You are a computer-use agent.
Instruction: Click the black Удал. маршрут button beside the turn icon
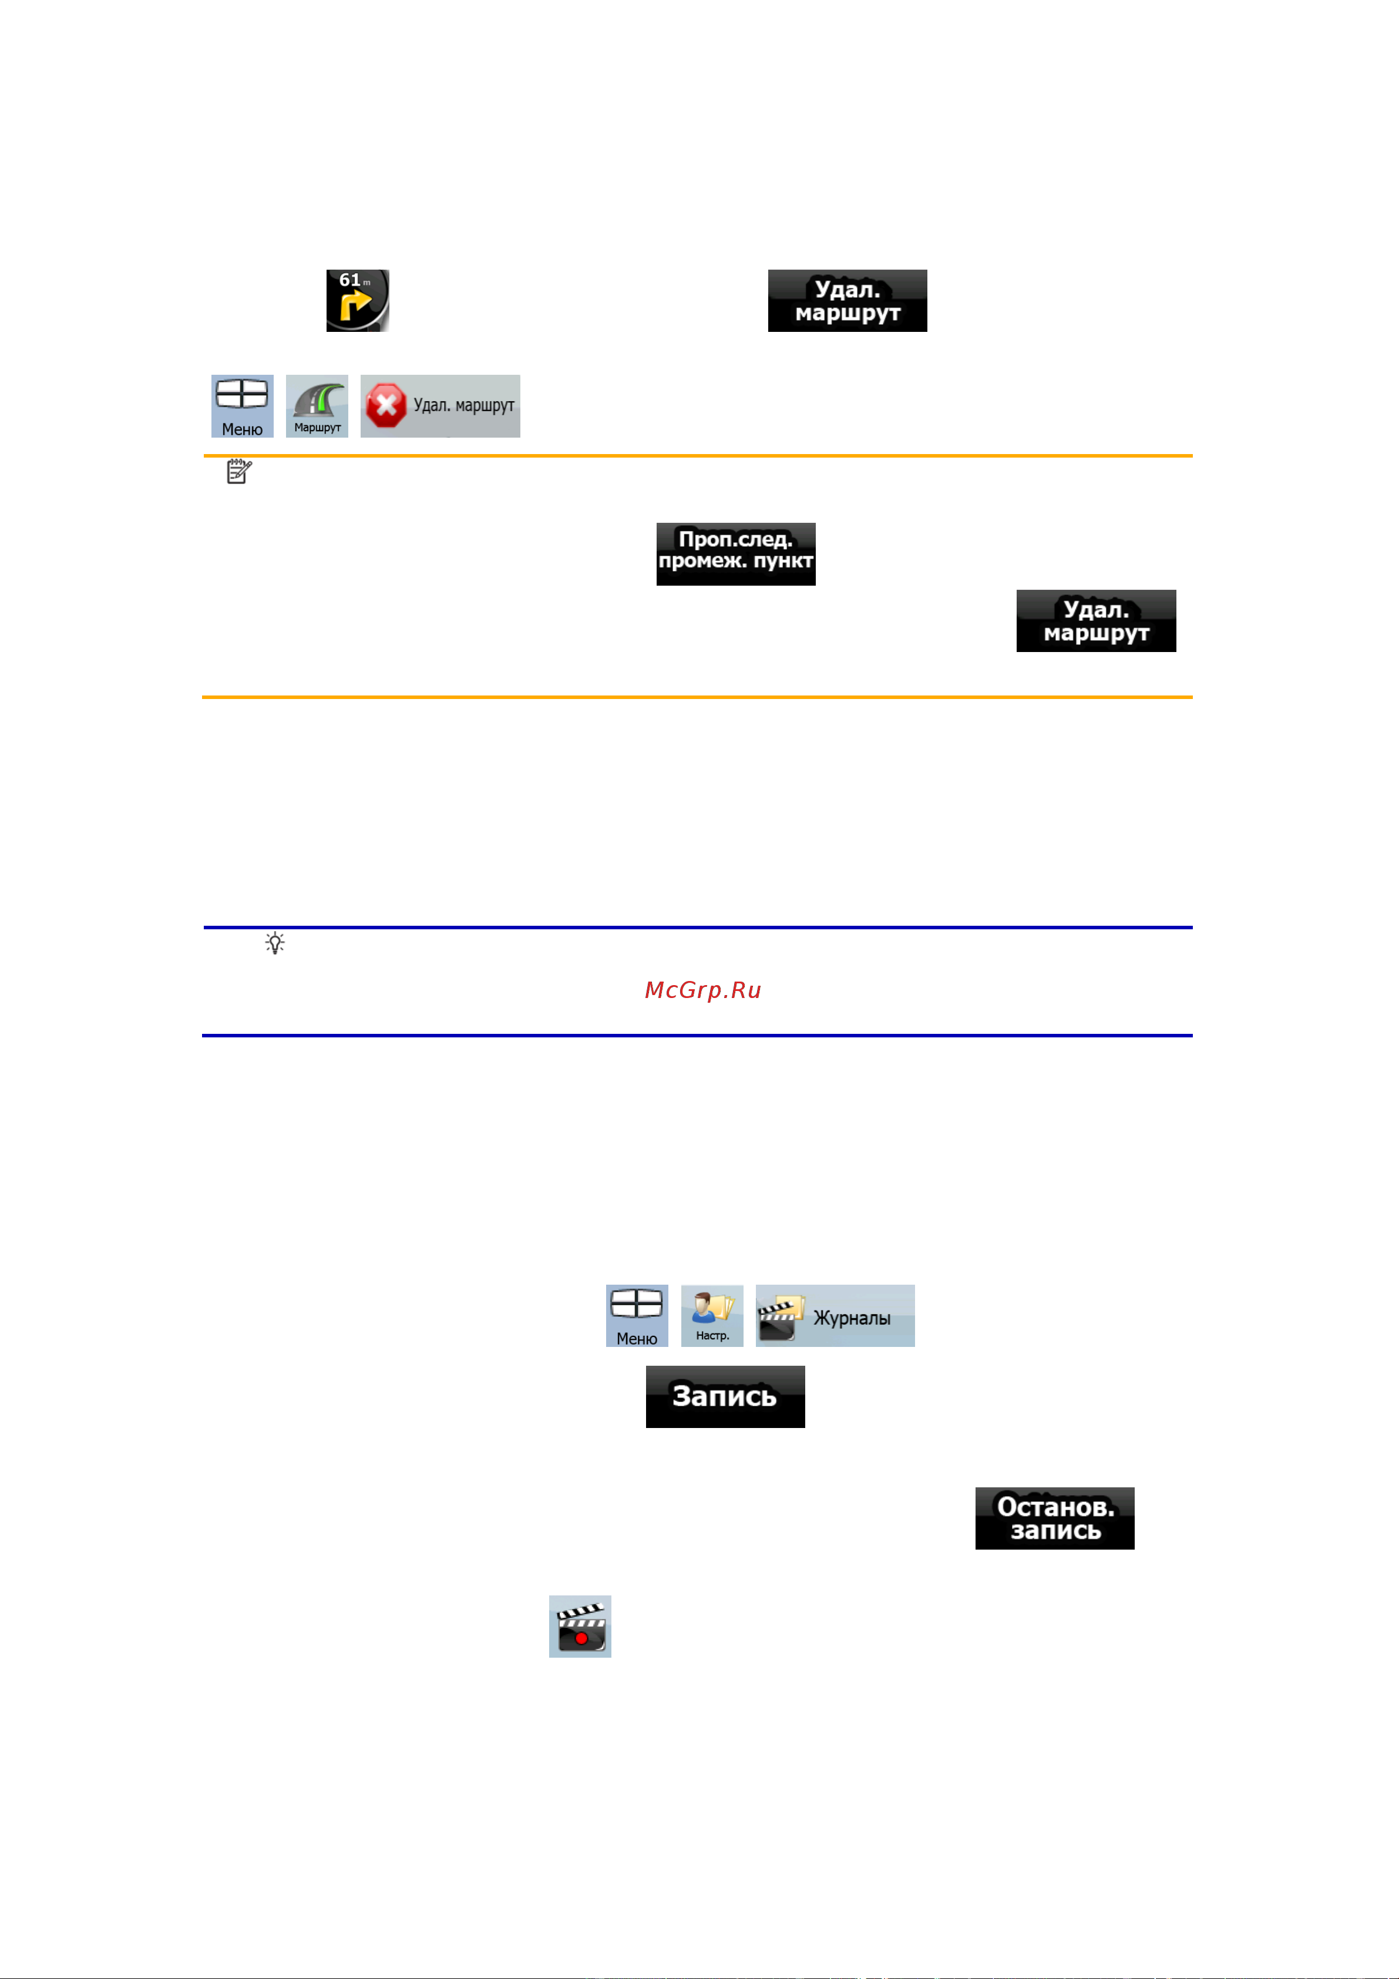click(x=848, y=301)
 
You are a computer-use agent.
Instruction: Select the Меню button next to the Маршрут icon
click(x=242, y=406)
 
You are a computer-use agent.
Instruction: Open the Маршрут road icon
click(x=317, y=406)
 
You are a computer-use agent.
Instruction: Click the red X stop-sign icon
click(x=385, y=406)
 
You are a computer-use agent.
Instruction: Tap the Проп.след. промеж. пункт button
click(x=736, y=554)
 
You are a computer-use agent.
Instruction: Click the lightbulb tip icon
click(x=275, y=943)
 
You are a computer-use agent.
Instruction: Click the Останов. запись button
click(x=1055, y=1518)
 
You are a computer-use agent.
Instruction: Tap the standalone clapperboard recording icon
click(x=580, y=1627)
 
